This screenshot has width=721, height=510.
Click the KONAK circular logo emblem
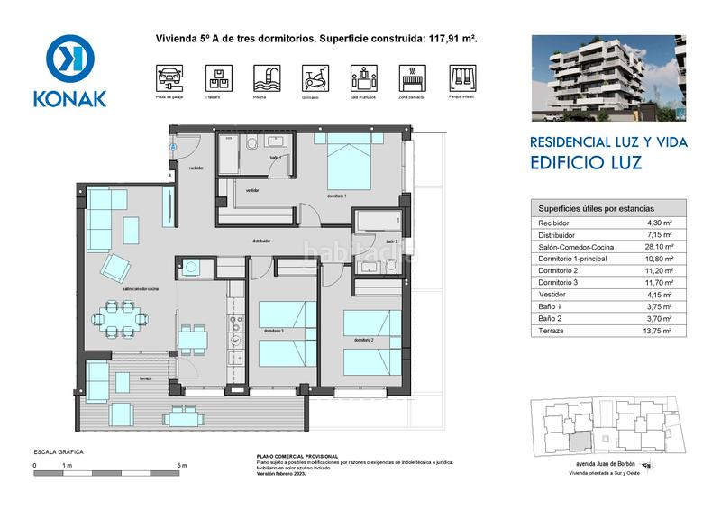pyautogui.click(x=69, y=59)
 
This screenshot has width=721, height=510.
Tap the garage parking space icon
pyautogui.click(x=169, y=77)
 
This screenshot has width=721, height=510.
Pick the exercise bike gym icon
pyautogui.click(x=313, y=77)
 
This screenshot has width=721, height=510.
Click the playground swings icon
pyautogui.click(x=460, y=77)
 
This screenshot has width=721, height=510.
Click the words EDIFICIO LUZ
pyautogui.click(x=586, y=165)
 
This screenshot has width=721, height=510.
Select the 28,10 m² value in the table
pyautogui.click(x=661, y=245)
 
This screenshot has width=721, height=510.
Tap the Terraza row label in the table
pyautogui.click(x=551, y=331)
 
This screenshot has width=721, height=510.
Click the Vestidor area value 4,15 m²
pyautogui.click(x=661, y=294)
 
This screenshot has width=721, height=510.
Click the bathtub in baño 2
pyautogui.click(x=379, y=220)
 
